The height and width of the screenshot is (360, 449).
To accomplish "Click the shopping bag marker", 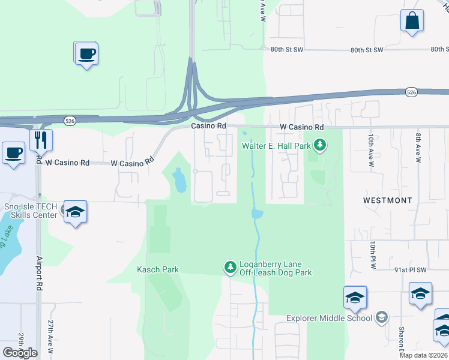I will (412, 21).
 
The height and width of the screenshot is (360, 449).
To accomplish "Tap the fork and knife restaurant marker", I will (41, 140).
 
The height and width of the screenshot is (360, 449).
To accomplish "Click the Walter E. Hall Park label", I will (276, 145).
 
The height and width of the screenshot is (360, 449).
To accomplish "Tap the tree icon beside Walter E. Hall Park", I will (321, 145).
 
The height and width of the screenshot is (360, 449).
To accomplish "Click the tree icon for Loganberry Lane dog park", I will (229, 267).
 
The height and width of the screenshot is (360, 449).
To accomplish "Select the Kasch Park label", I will (158, 269).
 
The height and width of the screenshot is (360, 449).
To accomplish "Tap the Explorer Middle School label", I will (329, 318).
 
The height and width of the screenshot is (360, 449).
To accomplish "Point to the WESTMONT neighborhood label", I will (388, 199).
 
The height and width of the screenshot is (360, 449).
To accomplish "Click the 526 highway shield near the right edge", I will (411, 92).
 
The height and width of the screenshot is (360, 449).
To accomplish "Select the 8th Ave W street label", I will (418, 147).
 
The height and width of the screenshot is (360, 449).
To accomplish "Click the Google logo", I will (20, 353).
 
